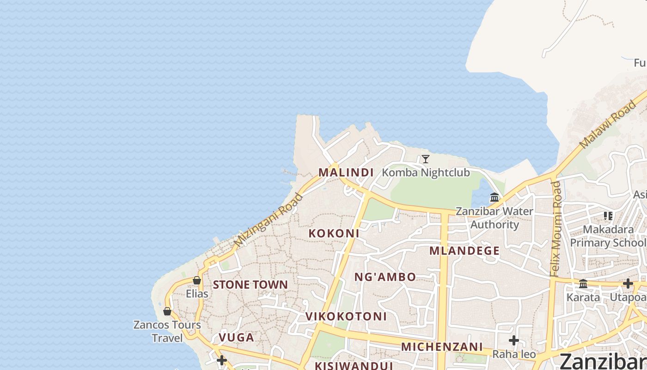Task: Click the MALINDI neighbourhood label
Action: tap(346, 173)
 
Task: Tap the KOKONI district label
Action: tap(334, 234)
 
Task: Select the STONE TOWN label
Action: tap(250, 284)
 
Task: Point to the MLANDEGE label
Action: tap(464, 251)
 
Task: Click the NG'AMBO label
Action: tap(385, 277)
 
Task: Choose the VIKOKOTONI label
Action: tap(346, 317)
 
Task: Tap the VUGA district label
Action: tap(236, 338)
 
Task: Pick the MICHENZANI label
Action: tap(442, 347)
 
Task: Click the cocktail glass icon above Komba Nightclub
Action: tap(426, 159)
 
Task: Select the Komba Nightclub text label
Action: tap(426, 173)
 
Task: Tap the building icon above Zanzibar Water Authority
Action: tap(494, 197)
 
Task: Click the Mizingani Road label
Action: tap(269, 220)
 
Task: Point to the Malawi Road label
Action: tap(607, 125)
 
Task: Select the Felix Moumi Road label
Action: tap(556, 229)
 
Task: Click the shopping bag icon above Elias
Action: tap(197, 280)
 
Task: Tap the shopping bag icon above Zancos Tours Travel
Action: tap(167, 311)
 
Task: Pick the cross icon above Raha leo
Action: tap(513, 341)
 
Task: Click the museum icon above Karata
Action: tap(583, 284)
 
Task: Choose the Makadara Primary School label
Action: tap(608, 236)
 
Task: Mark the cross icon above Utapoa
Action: tap(628, 284)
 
